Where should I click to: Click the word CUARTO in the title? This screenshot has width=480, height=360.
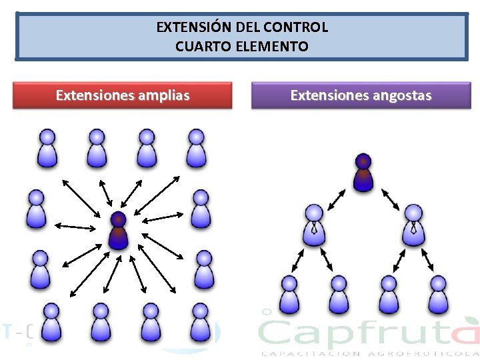pyautogui.click(x=199, y=47)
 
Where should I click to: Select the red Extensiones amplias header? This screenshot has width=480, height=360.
pyautogui.click(x=123, y=95)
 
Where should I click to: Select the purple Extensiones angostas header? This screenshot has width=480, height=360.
pyautogui.click(x=361, y=95)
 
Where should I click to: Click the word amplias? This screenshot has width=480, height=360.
pyautogui.click(x=163, y=95)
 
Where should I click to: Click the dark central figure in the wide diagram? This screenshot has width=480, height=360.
pyautogui.click(x=118, y=231)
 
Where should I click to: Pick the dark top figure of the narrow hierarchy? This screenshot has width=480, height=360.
pyautogui.click(x=363, y=173)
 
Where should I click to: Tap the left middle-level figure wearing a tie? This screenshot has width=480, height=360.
pyautogui.click(x=314, y=223)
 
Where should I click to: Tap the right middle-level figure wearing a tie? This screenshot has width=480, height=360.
pyautogui.click(x=413, y=223)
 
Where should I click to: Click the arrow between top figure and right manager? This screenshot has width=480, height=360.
pyautogui.click(x=389, y=199)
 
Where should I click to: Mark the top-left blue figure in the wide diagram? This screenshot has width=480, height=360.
pyautogui.click(x=47, y=148)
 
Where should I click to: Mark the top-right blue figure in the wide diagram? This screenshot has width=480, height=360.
pyautogui.click(x=196, y=148)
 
